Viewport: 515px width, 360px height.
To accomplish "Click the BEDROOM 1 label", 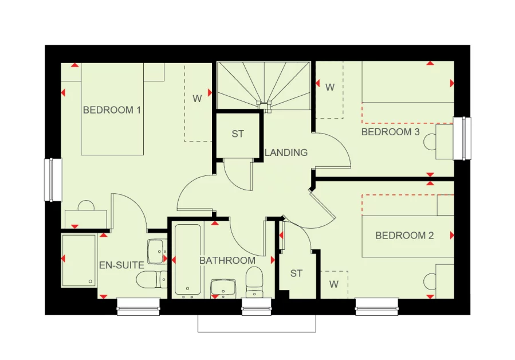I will pos(112,109).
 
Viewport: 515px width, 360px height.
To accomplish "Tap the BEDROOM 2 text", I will pos(404,236).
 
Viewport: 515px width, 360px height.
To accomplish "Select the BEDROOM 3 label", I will pos(390,132).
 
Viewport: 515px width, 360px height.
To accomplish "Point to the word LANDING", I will pos(286,152).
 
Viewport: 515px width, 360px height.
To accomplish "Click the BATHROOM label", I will pos(227,260).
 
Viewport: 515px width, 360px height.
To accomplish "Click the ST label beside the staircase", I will pos(238,134).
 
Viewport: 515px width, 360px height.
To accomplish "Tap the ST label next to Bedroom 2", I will pos(296,273).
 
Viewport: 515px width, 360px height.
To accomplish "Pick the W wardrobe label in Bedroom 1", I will pos(197,99).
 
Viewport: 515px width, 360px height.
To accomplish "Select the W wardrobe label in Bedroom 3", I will pos(330,88).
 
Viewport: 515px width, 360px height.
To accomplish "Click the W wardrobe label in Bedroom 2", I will pos(333,284).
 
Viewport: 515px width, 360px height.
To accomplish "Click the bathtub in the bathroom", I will pos(187,260).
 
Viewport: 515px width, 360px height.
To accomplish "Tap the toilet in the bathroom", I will pos(254,282).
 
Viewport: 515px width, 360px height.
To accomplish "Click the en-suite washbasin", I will pos(156,251).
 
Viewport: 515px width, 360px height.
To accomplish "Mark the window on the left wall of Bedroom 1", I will pos(53,180).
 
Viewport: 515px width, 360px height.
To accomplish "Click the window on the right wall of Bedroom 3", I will pos(462,139).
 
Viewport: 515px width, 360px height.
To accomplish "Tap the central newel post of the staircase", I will pos(265,105).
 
